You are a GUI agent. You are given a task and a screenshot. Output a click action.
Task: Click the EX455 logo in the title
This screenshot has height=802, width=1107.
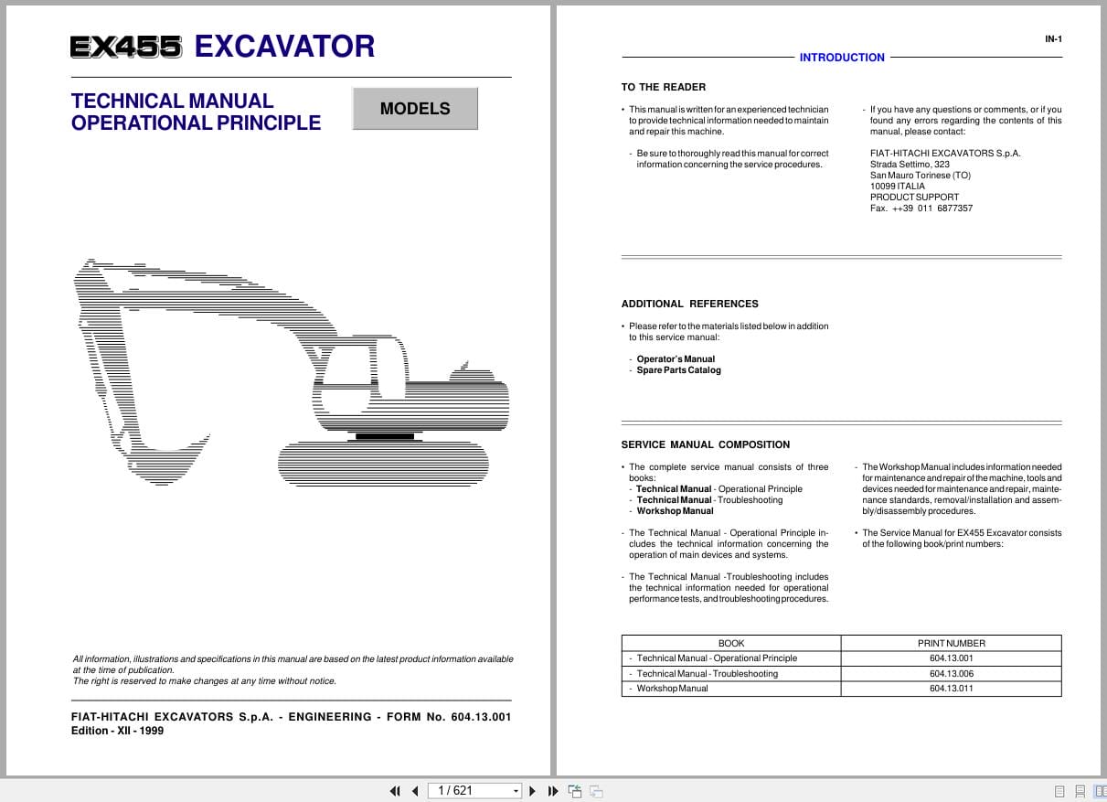pos(126,48)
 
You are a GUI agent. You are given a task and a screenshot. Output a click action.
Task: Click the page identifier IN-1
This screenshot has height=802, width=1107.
pos(1053,39)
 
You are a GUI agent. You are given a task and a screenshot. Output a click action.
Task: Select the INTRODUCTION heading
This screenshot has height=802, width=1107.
pos(842,58)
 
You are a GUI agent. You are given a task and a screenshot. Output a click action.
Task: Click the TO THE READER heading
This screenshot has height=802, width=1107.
pos(664,88)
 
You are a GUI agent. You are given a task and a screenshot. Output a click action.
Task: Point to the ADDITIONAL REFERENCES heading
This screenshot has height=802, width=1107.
pos(689,304)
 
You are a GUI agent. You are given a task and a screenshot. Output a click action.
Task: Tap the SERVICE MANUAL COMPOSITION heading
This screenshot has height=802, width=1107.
pos(705,444)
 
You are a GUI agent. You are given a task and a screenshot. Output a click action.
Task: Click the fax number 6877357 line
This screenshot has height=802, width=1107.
pos(921,209)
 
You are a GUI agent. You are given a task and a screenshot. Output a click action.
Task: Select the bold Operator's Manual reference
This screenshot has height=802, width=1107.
pos(676,359)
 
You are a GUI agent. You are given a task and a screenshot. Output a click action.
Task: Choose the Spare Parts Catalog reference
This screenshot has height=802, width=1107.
pos(678,370)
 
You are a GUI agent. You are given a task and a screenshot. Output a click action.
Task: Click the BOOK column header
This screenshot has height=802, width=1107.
pos(731,643)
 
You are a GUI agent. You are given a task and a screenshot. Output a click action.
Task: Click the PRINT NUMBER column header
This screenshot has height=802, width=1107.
pos(951,643)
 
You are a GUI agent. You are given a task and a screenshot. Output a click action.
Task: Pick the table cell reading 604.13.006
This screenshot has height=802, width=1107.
pos(951,674)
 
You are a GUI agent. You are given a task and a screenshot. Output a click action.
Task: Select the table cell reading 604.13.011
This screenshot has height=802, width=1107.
pos(951,689)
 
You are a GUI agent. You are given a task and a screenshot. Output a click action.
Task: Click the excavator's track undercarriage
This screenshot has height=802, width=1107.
pos(382,463)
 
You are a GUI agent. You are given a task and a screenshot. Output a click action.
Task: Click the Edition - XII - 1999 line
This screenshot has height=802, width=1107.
pos(117,732)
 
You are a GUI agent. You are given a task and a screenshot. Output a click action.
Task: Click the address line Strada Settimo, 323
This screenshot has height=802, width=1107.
pos(910,165)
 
